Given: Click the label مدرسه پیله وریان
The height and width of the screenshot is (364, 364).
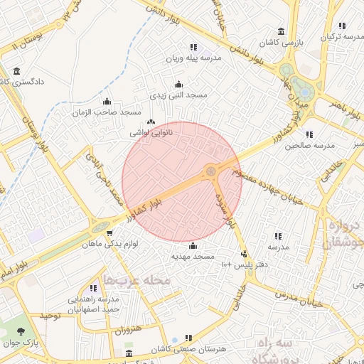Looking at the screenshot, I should (x=193, y=57).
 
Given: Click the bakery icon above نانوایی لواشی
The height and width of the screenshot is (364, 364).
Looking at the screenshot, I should (x=151, y=121).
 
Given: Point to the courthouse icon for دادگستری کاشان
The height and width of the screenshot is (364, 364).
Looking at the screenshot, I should (x=17, y=70).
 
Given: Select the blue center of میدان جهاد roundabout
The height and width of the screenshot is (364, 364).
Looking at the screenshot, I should (x=304, y=92).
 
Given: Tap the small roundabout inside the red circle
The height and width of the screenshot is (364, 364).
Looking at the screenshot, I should (x=210, y=171).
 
